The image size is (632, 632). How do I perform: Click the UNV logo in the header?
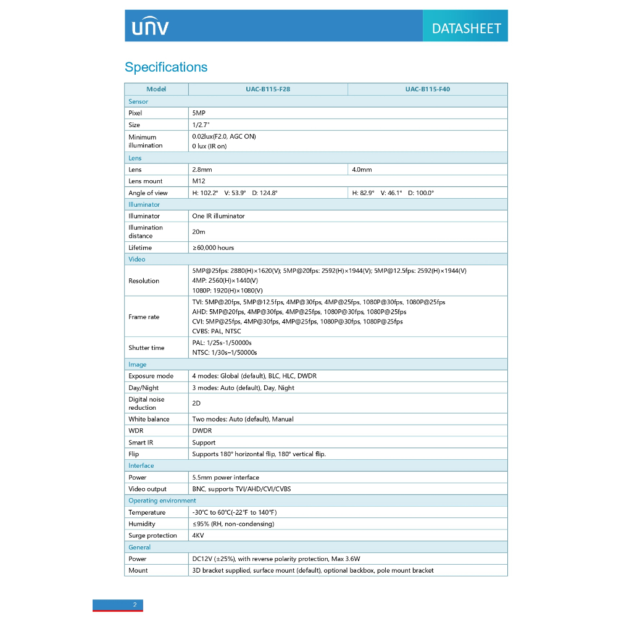click(150, 27)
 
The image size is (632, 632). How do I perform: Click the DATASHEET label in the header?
click(466, 28)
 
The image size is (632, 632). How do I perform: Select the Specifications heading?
click(166, 67)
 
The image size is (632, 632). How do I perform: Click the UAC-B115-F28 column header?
click(268, 89)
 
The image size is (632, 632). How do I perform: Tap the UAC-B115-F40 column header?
click(428, 89)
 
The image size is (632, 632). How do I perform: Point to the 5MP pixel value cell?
click(199, 114)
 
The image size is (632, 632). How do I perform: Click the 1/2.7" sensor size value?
click(201, 125)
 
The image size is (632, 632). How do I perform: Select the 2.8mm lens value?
click(202, 170)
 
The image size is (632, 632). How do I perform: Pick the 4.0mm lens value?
click(362, 170)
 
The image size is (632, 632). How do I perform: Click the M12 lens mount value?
click(199, 181)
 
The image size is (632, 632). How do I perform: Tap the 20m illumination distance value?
click(199, 232)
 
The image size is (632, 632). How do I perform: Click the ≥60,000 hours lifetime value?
click(214, 248)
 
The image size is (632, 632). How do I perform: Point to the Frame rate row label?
click(144, 317)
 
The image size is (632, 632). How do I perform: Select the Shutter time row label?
click(146, 348)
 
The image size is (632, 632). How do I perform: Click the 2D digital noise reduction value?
click(196, 404)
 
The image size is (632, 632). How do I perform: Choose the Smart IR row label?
click(141, 443)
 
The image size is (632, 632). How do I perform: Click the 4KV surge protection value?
click(198, 536)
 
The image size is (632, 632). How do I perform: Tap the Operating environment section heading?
click(162, 501)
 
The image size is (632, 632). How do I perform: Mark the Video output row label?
click(148, 489)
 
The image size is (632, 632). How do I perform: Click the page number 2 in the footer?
click(135, 605)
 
